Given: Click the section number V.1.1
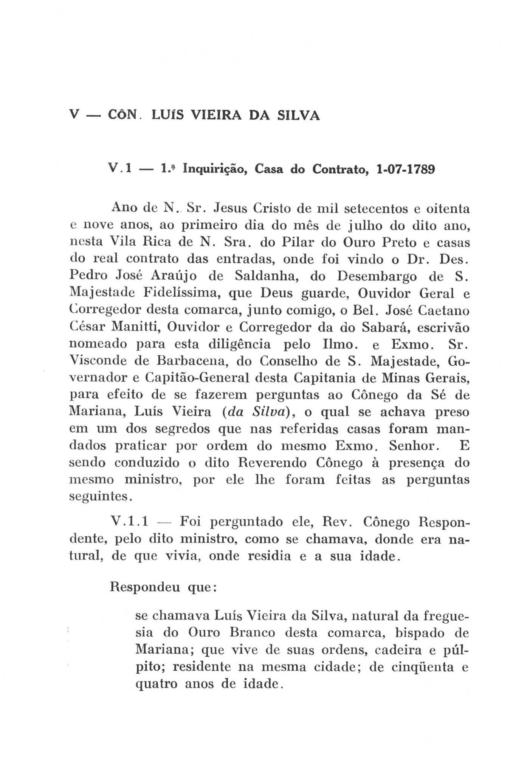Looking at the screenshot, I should coord(130,523).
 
